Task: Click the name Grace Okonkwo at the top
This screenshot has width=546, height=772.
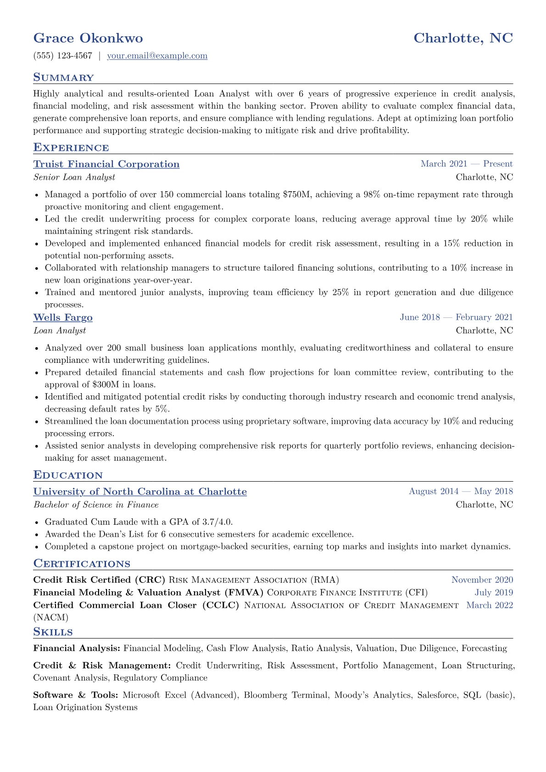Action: click(88, 38)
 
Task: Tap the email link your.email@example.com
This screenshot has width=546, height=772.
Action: click(157, 56)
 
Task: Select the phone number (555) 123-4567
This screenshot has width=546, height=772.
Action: click(63, 56)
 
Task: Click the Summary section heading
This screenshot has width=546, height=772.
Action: click(63, 78)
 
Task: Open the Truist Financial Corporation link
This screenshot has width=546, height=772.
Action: click(106, 164)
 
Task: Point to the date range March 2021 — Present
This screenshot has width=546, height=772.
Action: click(467, 164)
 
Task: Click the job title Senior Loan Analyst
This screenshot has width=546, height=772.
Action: click(74, 177)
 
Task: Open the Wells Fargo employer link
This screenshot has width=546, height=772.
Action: click(63, 317)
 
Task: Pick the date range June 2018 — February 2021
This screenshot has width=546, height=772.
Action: click(456, 317)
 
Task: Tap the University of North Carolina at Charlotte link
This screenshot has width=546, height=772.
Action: click(140, 492)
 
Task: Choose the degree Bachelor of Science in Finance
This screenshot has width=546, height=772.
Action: click(96, 505)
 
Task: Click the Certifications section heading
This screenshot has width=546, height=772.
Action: click(82, 564)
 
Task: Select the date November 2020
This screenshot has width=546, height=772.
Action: click(482, 580)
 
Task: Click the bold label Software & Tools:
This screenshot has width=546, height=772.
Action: click(76, 695)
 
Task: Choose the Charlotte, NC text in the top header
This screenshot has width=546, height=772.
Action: click(463, 38)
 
